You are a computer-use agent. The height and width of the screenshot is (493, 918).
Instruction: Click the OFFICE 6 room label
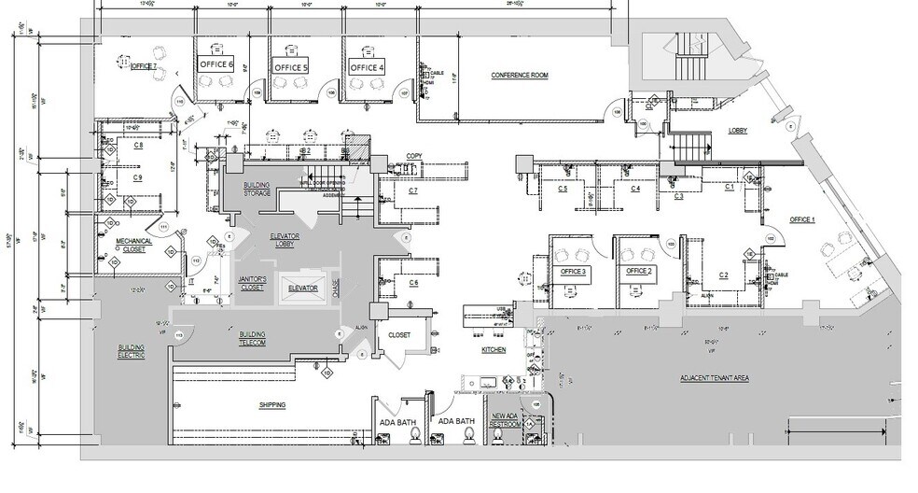tap(216, 64)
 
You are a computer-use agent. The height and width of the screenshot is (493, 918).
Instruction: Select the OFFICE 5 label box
tap(290, 68)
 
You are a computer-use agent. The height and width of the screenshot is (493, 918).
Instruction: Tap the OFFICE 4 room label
tap(367, 68)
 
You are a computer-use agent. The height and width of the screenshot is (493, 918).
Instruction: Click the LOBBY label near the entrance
tap(741, 131)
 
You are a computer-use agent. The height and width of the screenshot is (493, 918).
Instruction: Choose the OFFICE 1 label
tap(802, 219)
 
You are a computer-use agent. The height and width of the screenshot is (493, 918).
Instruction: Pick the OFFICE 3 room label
tap(573, 271)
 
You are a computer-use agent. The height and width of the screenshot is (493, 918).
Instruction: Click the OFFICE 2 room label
tap(638, 271)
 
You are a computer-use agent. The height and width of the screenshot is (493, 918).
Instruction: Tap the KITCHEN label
tap(494, 350)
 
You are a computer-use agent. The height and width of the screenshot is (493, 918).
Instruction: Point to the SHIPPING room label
tap(271, 404)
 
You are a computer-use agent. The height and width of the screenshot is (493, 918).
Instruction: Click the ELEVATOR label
tap(303, 289)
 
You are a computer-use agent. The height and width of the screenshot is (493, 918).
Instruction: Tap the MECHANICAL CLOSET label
tap(133, 245)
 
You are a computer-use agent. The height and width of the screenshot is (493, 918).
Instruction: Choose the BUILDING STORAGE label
tap(257, 190)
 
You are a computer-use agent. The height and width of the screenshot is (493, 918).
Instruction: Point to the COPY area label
tap(414, 156)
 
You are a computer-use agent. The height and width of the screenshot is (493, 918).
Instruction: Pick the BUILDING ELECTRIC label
tap(131, 352)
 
